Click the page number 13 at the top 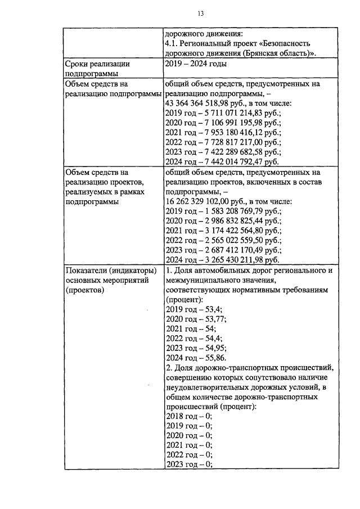click(x=200, y=14)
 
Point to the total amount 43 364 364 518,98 click(x=206, y=103)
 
